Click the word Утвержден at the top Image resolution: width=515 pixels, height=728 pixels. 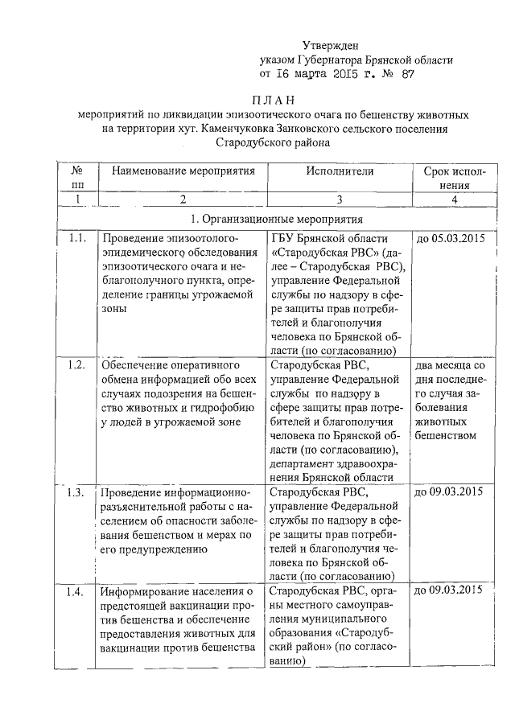(x=329, y=45)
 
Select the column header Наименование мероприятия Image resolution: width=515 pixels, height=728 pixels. (x=183, y=171)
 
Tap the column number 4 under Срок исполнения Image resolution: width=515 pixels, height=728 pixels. (x=455, y=199)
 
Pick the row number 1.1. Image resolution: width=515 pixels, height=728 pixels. (x=77, y=239)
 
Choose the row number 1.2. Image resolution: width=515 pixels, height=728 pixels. (x=77, y=364)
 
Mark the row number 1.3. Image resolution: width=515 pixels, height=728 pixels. (x=77, y=491)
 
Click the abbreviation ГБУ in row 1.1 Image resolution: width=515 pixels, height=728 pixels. (x=285, y=239)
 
